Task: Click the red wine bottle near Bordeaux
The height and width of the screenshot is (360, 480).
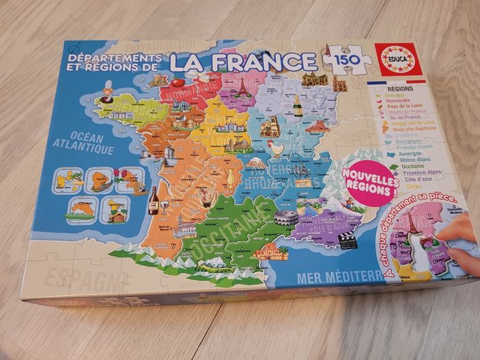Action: [x=153, y=200]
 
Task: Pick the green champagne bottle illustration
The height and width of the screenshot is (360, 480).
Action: [x=298, y=105]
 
